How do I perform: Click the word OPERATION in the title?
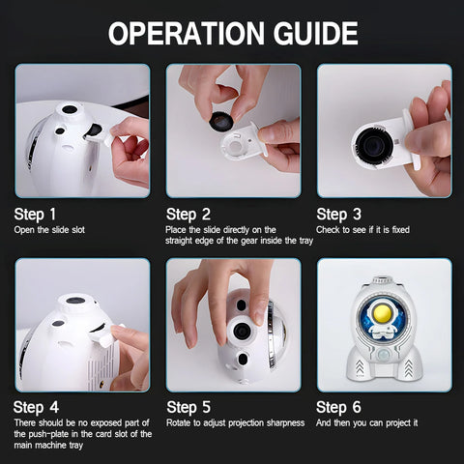pyautogui.click(x=187, y=33)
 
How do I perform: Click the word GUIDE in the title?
pyautogui.click(x=315, y=33)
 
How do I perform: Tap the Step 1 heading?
pyautogui.click(x=35, y=215)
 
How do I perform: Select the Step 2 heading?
pyautogui.click(x=188, y=215)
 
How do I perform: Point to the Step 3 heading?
pyautogui.click(x=338, y=215)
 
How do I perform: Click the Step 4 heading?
pyautogui.click(x=36, y=407)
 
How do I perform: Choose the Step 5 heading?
pyautogui.click(x=188, y=407)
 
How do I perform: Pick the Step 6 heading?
pyautogui.click(x=338, y=407)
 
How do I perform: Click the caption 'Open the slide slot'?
pyautogui.click(x=49, y=230)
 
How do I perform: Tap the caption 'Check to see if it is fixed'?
pyautogui.click(x=362, y=230)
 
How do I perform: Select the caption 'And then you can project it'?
pyautogui.click(x=366, y=423)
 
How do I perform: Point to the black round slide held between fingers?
pyautogui.click(x=221, y=121)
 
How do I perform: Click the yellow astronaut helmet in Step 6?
pyautogui.click(x=382, y=313)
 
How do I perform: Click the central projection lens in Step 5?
pyautogui.click(x=242, y=331)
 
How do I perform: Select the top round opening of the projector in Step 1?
pyautogui.click(x=70, y=109)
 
